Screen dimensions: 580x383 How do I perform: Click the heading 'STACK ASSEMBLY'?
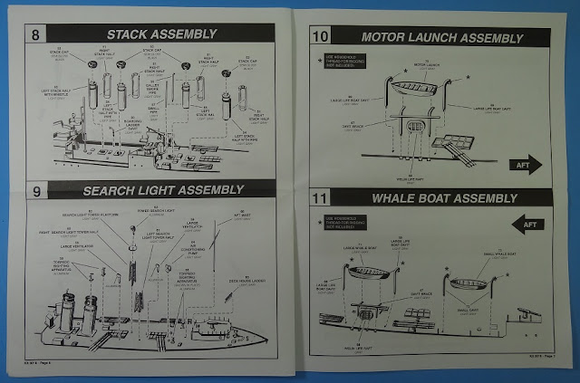pos(162,35)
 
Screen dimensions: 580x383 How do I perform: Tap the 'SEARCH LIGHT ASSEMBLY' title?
pos(164,191)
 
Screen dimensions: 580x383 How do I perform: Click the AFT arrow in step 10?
pos(520,163)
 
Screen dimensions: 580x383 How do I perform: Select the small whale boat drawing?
pos(477,282)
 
